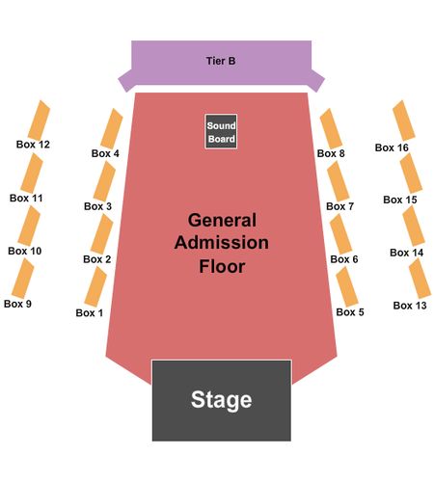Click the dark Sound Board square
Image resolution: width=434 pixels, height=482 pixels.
(221, 132)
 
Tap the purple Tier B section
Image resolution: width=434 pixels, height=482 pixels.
(221, 63)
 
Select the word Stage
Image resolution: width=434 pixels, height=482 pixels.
(222, 400)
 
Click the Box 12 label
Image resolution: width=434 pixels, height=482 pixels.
(33, 145)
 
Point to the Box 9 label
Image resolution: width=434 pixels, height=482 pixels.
(17, 304)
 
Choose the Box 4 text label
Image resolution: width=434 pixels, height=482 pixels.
(105, 153)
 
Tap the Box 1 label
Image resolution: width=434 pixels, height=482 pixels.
(90, 312)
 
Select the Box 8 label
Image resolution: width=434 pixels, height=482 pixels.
(331, 153)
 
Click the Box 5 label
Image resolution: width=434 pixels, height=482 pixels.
(350, 312)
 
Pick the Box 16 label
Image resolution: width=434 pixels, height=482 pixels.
(392, 147)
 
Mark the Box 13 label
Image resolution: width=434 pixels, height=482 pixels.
(410, 306)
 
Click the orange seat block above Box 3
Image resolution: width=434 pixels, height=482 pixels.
(104, 181)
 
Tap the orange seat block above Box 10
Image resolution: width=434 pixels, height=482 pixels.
(29, 226)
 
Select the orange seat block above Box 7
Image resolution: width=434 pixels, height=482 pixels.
(339, 181)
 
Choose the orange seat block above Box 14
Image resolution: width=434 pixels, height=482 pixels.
(414, 226)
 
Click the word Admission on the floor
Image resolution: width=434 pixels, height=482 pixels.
(222, 243)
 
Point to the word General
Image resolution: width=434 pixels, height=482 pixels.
(222, 221)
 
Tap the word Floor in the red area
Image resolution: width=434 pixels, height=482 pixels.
(222, 266)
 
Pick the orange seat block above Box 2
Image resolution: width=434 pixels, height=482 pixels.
(101, 234)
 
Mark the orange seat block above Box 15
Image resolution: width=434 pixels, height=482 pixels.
(411, 173)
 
